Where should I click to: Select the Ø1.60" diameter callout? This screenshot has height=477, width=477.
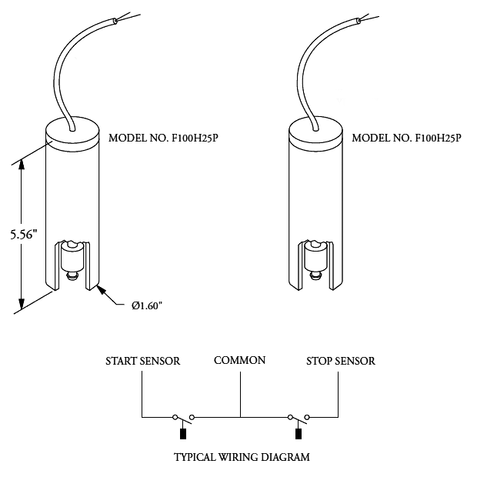146,305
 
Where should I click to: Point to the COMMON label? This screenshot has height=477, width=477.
240,360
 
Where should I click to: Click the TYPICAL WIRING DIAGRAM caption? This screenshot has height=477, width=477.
242,457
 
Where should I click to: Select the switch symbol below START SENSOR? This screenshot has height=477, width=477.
182,416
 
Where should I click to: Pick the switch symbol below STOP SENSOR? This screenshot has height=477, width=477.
299,416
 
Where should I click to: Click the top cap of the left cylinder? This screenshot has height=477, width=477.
72,132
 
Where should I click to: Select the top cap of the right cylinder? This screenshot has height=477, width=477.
315,132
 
